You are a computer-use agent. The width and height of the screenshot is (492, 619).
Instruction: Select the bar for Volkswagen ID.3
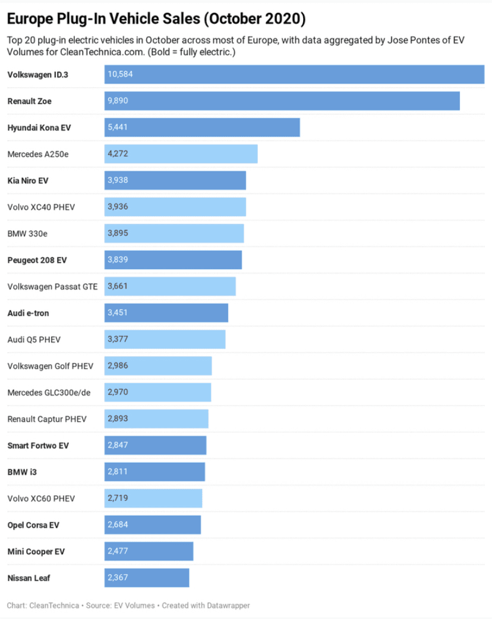[294, 74]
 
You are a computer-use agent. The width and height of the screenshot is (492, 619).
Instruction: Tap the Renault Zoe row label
[29, 101]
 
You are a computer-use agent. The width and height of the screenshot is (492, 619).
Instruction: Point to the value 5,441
[118, 127]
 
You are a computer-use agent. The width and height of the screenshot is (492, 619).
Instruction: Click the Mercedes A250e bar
[181, 154]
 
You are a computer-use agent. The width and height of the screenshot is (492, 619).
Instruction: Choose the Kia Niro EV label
[28, 181]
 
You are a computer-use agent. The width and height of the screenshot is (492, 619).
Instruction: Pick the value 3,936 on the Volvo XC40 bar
[118, 207]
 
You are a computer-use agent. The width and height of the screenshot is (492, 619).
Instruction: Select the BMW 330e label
[27, 233]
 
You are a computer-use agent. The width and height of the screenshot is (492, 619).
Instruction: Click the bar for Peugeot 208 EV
[173, 260]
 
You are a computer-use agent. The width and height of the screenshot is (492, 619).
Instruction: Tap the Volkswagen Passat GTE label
[52, 286]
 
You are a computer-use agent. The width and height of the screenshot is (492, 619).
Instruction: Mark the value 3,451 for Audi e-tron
[118, 312]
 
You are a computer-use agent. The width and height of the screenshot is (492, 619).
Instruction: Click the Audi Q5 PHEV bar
[165, 339]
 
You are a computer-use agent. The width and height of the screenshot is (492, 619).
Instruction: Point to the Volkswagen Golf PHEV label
[51, 366]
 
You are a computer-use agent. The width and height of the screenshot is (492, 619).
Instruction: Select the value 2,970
[118, 392]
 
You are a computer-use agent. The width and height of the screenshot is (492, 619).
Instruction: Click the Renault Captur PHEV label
[47, 419]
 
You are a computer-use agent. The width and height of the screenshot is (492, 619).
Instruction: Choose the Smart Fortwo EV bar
[155, 445]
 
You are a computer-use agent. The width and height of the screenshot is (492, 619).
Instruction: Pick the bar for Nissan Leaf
[147, 577]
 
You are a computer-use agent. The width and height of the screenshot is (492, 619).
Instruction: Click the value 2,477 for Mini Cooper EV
[118, 551]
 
